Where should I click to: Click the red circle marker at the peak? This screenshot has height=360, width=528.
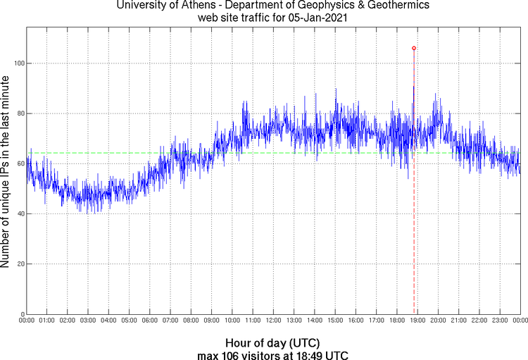pyautogui.click(x=414, y=48)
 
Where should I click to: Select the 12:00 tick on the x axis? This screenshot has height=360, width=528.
pyautogui.click(x=273, y=321)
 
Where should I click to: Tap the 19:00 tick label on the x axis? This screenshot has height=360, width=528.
pyautogui.click(x=417, y=321)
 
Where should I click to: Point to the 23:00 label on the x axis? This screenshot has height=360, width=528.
pyautogui.click(x=499, y=321)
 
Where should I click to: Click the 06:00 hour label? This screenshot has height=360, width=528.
pyautogui.click(x=150, y=321)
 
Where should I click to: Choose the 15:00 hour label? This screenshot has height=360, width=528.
pyautogui.click(x=334, y=321)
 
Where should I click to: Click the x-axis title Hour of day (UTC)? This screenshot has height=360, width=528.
pyautogui.click(x=273, y=342)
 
